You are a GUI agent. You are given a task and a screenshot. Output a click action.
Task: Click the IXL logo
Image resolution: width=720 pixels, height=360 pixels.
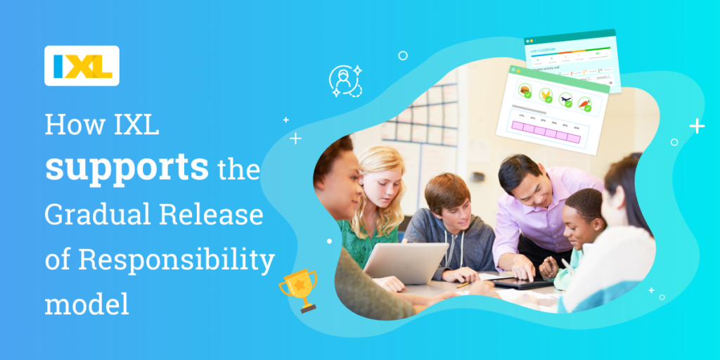click(x=82, y=65)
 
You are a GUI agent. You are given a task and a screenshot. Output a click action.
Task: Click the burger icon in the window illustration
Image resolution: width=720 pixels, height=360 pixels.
click(x=525, y=91)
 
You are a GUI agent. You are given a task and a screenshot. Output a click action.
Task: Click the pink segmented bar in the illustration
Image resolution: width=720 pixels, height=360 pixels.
click(x=546, y=131)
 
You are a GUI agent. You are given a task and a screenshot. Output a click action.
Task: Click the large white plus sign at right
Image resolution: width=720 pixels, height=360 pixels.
click(x=697, y=126)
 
